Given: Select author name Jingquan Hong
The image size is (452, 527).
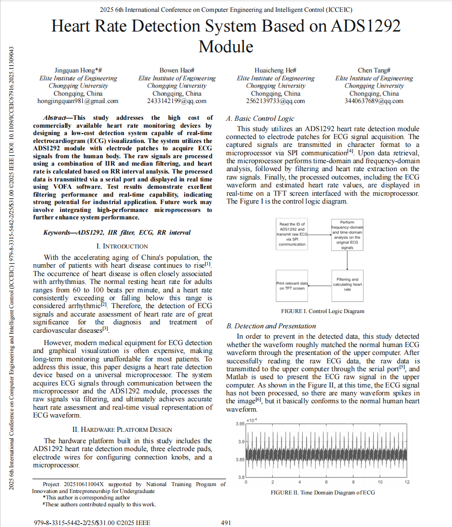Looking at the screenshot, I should (76, 70).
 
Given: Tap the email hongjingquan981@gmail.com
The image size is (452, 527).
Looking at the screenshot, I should (78, 101).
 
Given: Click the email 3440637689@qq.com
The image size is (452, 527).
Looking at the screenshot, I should (374, 101).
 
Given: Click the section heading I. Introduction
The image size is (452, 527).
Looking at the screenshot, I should (122, 246).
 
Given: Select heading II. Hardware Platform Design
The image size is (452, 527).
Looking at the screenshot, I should (122, 429).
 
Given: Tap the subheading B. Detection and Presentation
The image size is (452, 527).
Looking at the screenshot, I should (271, 326).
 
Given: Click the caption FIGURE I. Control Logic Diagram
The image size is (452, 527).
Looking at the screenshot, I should (323, 311).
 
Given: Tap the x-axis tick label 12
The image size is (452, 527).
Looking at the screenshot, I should (407, 482).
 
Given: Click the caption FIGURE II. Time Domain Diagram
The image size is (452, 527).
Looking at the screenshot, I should (323, 492).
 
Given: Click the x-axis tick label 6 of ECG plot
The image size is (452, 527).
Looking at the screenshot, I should (326, 482).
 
